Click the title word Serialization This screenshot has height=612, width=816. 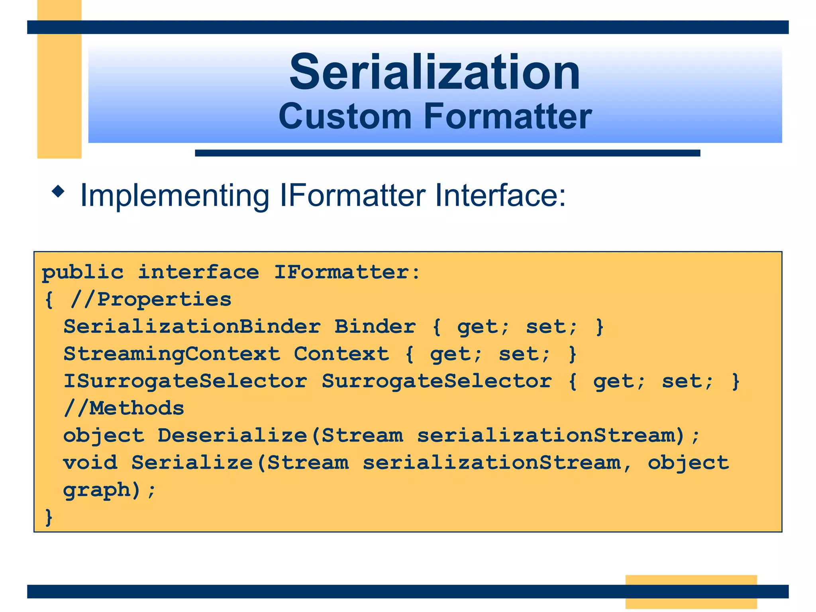pos(435,73)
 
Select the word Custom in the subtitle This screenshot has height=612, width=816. pos(345,116)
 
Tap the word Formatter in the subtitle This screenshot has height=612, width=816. pos(508,116)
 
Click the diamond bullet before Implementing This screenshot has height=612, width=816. pos(58,192)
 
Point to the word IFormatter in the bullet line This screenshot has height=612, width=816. pos(353,195)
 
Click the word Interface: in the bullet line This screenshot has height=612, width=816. pos(500,195)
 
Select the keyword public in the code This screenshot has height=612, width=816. pos(83,273)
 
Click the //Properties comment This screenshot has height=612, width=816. pos(151,299)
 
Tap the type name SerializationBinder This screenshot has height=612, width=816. pos(192,327)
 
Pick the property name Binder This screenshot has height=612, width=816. pos(375,327)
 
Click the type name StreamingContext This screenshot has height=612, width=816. pos(172,354)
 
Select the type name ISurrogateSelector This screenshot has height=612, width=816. pos(185,381)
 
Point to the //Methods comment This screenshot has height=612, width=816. pos(124,408)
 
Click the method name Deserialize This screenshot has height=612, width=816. pos(233,435)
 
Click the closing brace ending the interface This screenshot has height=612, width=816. pos(49,517)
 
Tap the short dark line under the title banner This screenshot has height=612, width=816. pos(447,153)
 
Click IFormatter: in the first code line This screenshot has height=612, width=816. pos(347,273)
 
